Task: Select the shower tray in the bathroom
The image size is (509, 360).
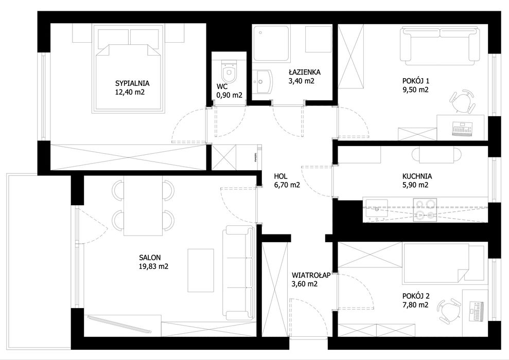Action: [271, 44]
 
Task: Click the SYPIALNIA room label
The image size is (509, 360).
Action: [130, 83]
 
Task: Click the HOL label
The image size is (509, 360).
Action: [280, 176]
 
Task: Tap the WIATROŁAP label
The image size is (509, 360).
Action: [311, 275]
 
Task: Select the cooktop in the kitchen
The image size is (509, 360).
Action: [425, 210]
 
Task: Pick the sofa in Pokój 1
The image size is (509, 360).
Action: [440, 45]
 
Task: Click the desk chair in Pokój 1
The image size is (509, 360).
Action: [462, 100]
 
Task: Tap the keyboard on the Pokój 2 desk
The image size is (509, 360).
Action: [477, 312]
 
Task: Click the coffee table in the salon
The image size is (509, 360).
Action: [201, 270]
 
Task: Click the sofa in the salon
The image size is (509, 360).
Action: [238, 273]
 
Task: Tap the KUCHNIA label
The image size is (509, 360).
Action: [417, 176]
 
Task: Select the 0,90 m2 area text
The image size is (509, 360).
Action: [229, 95]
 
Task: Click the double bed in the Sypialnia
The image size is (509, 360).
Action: [129, 69]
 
